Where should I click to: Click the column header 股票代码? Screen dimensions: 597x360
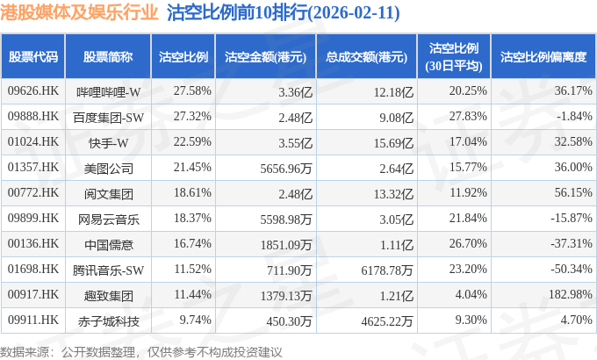33,57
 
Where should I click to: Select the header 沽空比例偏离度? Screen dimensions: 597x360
543,57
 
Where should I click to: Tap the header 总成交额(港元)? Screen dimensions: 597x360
366,57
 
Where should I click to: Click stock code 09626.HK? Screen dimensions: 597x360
33,91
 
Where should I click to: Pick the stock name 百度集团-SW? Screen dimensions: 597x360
109,118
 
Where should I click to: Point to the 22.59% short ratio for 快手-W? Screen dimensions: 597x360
192,141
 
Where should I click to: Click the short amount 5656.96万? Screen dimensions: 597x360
286,169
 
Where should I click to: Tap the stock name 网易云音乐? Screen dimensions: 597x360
109,220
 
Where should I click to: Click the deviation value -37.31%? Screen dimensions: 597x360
572,243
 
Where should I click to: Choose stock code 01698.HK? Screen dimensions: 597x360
33,269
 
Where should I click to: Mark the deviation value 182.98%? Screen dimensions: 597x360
571,294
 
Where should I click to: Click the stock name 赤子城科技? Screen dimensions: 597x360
109,321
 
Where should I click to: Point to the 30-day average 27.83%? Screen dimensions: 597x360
468,116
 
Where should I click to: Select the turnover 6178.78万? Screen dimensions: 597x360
387,270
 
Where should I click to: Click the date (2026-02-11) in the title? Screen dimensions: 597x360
353,13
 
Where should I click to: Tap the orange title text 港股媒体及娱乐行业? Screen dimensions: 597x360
79,12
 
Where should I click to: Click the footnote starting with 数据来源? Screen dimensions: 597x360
140,352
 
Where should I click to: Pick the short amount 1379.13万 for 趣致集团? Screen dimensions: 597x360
286,296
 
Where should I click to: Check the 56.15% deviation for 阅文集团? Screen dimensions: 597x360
573,193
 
